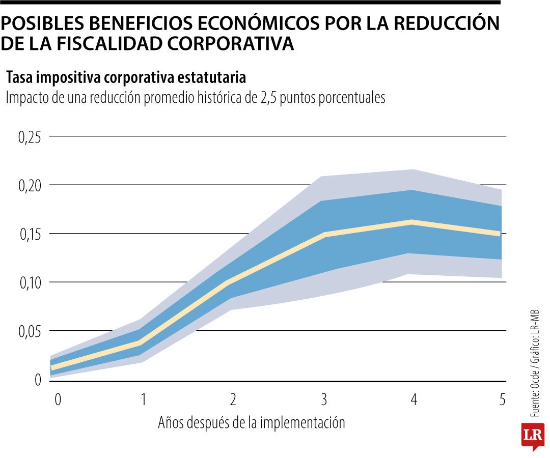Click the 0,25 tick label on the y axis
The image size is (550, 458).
point(30,137)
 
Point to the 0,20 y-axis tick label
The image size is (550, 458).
point(30,186)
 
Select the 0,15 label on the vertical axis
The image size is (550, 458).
point(30,234)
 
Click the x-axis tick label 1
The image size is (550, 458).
point(143,400)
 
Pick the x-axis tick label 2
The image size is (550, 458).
point(233,400)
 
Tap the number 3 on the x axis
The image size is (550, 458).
point(323,400)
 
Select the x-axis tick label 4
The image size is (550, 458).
point(414,400)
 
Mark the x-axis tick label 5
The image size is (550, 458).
point(502,400)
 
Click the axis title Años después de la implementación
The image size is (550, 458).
point(251,422)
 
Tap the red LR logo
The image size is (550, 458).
point(532,436)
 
